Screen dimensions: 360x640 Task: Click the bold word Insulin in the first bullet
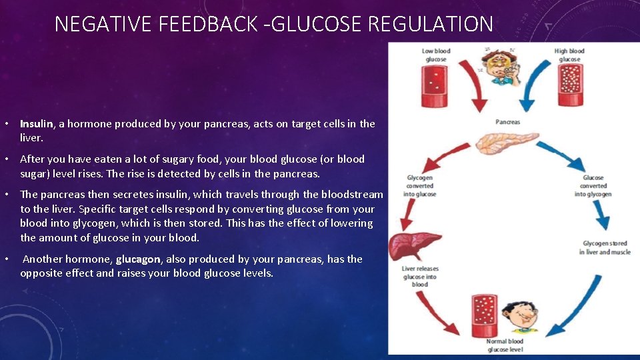pos(37,124)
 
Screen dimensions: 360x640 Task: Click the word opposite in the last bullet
pos(41,273)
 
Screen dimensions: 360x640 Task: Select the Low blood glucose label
pos(436,55)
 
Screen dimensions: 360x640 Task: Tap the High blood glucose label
pos(569,55)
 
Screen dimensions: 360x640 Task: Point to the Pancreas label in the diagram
pos(507,122)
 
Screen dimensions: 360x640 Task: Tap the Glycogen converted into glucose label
pos(420,186)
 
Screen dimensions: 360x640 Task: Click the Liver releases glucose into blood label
pos(420,277)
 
